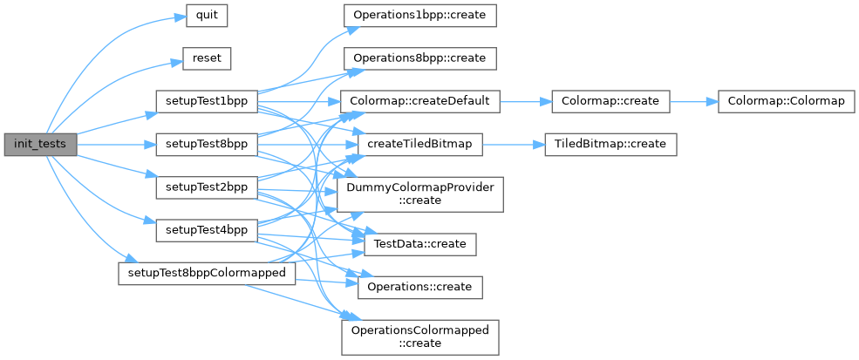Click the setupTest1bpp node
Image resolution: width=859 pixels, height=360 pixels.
tap(206, 102)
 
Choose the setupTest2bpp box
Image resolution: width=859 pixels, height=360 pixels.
tap(206, 187)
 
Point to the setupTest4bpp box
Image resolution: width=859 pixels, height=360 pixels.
tap(206, 230)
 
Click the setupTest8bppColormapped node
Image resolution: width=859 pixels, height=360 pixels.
tap(207, 273)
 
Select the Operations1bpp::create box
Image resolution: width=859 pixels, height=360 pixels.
tap(420, 17)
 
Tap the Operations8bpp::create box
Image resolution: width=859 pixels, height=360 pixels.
tap(420, 59)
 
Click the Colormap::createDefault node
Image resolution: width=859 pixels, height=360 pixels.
tap(420, 102)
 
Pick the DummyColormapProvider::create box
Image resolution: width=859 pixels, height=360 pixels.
tap(420, 194)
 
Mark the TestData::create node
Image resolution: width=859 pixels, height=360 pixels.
tap(420, 243)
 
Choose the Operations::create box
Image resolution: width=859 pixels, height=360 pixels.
tap(420, 286)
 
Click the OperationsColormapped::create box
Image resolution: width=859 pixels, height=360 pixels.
tap(420, 336)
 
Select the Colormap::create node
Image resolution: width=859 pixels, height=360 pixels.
tap(610, 102)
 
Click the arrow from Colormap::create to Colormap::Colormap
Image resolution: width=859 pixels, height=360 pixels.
tap(692, 102)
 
